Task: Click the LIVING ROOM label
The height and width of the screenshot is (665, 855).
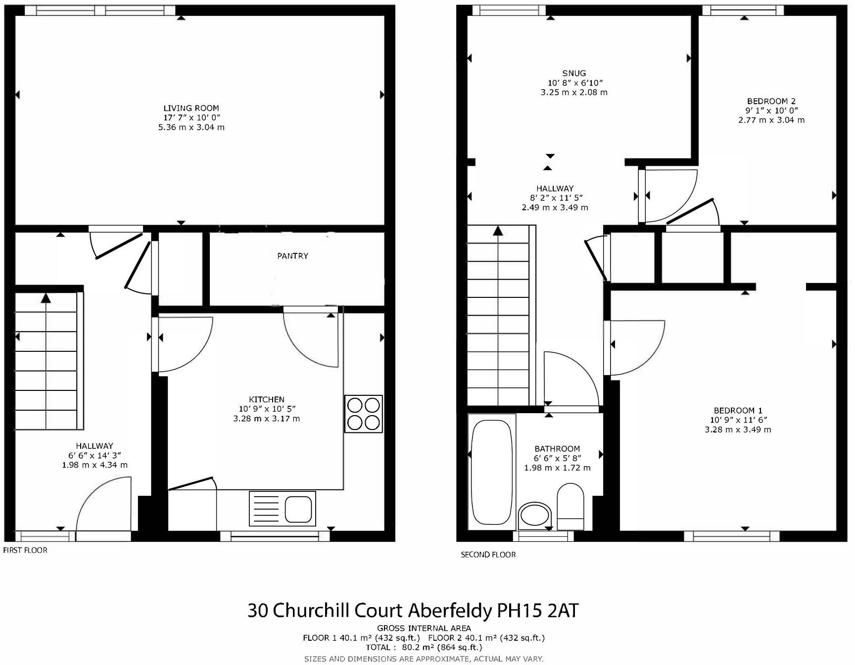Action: [191, 108]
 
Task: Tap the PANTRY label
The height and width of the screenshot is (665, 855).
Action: [292, 256]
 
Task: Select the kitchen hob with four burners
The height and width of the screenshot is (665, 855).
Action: [364, 414]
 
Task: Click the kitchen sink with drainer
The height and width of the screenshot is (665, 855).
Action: [283, 508]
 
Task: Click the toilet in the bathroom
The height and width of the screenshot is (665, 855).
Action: [570, 507]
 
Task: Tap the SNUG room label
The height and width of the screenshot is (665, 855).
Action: [574, 73]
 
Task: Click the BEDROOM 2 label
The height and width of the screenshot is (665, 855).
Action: [771, 101]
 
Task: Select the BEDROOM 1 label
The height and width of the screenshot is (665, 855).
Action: [738, 410]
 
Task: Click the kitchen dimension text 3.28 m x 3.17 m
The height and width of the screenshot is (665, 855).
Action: [266, 419]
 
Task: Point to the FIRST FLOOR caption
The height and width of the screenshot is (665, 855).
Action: [25, 550]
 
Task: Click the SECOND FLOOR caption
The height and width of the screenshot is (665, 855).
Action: [488, 555]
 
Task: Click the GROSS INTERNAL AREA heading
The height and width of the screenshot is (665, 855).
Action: [424, 628]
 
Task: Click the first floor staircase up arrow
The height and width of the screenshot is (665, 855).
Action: [46, 298]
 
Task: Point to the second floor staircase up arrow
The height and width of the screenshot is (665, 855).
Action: [498, 231]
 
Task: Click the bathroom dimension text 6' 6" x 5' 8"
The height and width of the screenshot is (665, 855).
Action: [557, 458]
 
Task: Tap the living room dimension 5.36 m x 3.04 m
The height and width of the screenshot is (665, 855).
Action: [191, 127]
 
